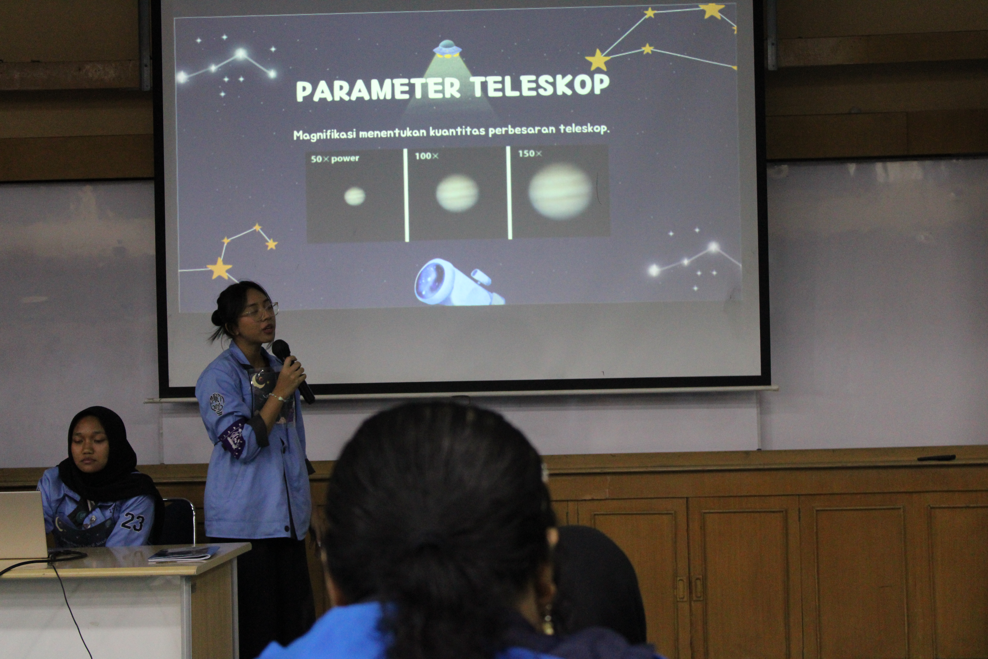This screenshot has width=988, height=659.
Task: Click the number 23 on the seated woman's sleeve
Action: click(133, 522)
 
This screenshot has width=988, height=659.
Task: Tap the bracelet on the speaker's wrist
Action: click(277, 397)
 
